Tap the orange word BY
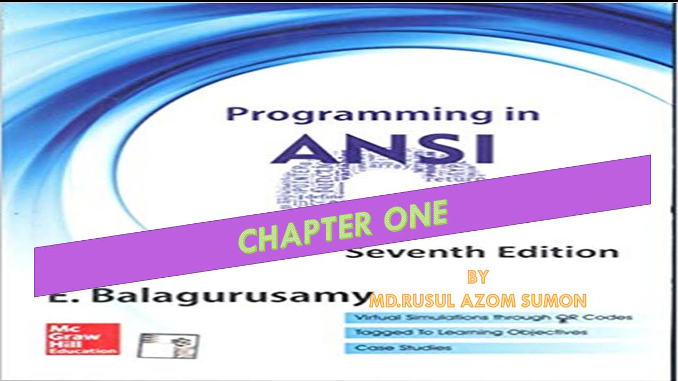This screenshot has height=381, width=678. [477, 277]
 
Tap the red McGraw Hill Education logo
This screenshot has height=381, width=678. [83, 339]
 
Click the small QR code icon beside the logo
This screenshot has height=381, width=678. [168, 346]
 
